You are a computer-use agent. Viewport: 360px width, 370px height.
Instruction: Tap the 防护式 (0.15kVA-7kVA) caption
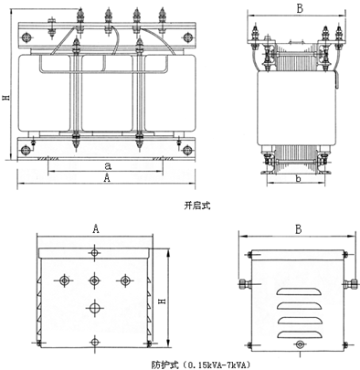tap(201, 365)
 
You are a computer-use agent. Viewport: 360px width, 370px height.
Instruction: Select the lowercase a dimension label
tap(108, 166)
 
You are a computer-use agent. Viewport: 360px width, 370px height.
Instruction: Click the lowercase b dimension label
tap(299, 178)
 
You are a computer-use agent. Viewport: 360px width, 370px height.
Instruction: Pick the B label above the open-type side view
tap(300, 9)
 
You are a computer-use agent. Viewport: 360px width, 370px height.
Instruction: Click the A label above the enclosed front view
tap(96, 228)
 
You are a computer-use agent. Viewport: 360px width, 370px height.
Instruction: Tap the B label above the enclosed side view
tap(299, 229)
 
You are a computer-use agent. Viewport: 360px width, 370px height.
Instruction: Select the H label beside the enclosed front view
tap(163, 301)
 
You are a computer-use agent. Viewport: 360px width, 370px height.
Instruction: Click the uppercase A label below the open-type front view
tap(107, 177)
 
